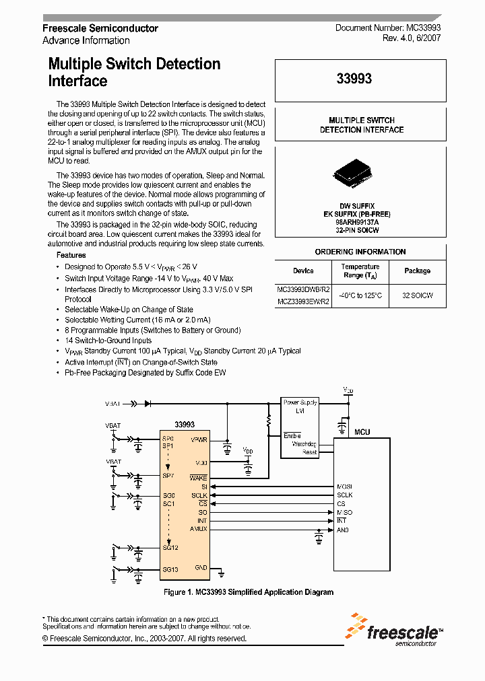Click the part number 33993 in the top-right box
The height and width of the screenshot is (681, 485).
pyautogui.click(x=354, y=79)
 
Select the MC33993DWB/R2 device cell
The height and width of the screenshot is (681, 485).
pyautogui.click(x=303, y=289)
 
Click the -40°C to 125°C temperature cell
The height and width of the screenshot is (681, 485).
pyautogui.click(x=360, y=295)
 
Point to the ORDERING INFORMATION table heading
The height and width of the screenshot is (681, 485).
pyautogui.click(x=360, y=252)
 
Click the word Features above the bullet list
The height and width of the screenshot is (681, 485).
pyautogui.click(x=71, y=255)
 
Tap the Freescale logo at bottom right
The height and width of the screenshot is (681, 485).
pyautogui.click(x=394, y=629)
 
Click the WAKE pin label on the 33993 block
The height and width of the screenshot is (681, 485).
pyautogui.click(x=199, y=477)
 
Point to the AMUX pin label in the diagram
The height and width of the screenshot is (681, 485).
pyautogui.click(x=199, y=529)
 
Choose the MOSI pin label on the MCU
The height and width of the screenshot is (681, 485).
pyautogui.click(x=344, y=487)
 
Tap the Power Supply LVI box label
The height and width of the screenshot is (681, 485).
pyautogui.click(x=300, y=406)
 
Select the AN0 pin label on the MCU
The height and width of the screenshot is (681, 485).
pyautogui.click(x=342, y=530)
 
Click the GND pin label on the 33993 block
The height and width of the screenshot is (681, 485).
pyautogui.click(x=201, y=567)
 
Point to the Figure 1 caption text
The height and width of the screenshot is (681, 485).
pyautogui.click(x=249, y=592)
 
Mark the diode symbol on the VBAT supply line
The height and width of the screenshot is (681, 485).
pyautogui.click(x=147, y=403)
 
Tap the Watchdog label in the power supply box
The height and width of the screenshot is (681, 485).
pyautogui.click(x=304, y=444)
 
